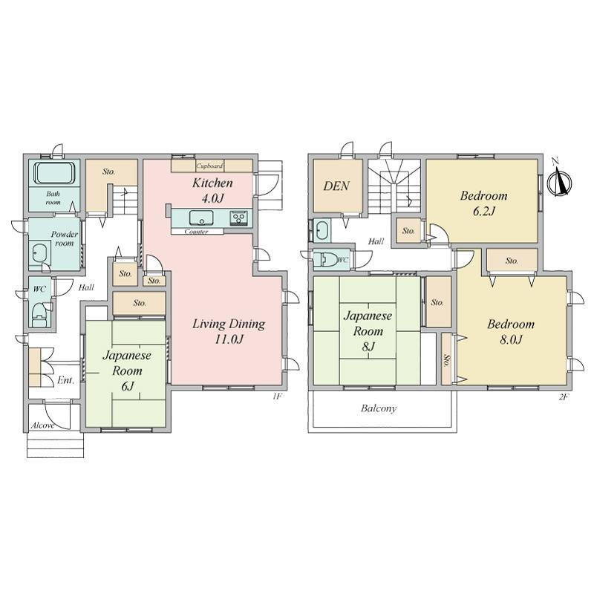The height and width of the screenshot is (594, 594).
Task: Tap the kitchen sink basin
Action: tap(201, 218)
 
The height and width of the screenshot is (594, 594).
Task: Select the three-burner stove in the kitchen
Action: tap(239, 218)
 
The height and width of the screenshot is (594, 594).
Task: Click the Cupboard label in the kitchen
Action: tap(209, 166)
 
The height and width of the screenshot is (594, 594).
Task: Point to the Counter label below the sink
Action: tap(196, 232)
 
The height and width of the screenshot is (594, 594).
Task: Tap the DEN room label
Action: tap(336, 186)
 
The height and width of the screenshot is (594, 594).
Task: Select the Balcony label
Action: tap(379, 408)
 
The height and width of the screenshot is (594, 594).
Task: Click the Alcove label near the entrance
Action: tap(42, 425)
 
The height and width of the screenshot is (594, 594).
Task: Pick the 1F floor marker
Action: tap(277, 396)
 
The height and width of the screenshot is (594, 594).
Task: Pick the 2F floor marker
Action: tap(564, 397)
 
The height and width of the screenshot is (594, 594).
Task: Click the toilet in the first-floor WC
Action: tap(39, 315)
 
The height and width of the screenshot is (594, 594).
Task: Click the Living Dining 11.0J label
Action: tap(229, 331)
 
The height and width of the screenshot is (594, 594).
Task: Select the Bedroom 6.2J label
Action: tap(484, 203)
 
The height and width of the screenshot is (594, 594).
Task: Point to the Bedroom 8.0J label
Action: tap(511, 331)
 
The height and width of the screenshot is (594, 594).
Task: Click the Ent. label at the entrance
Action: tap(65, 380)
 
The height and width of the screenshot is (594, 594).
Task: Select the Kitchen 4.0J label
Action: tap(212, 190)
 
